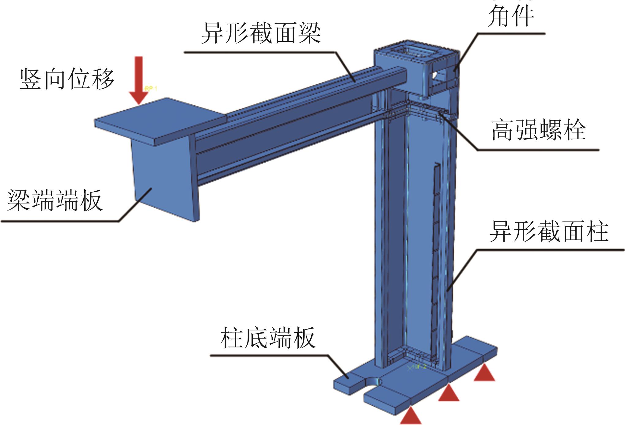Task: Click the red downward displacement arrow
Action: [x=139, y=80]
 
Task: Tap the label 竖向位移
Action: [x=67, y=79]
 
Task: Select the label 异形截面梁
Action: [x=261, y=33]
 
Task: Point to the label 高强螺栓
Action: [x=539, y=130]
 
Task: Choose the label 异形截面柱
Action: [x=548, y=232]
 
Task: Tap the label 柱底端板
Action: [x=268, y=338]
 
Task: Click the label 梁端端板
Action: [x=55, y=201]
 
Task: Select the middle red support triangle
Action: [x=449, y=393]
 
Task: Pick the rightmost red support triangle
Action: [x=484, y=373]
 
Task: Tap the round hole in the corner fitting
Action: [x=434, y=75]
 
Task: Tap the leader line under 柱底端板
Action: [x=270, y=356]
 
